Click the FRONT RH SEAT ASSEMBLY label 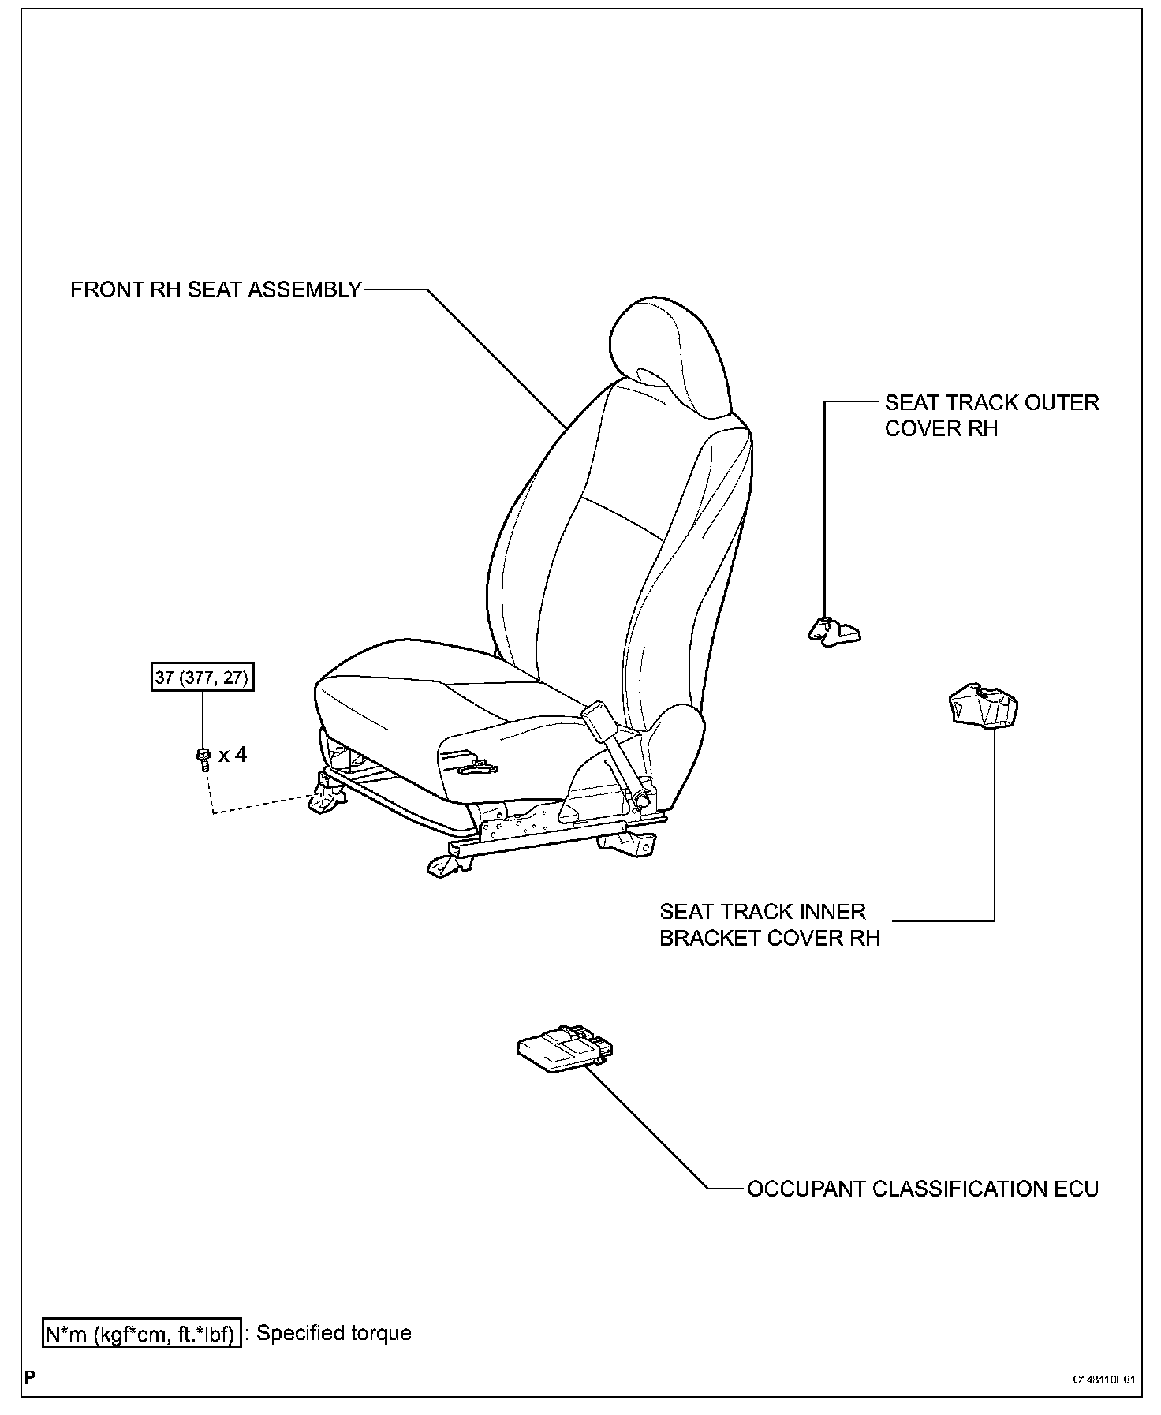click(x=215, y=290)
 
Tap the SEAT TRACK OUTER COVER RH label click(x=991, y=415)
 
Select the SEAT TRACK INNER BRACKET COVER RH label click(x=769, y=924)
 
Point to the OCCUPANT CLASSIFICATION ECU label click(x=922, y=1189)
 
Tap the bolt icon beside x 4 click(x=203, y=756)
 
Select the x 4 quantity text click(x=233, y=755)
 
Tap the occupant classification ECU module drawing click(x=565, y=1049)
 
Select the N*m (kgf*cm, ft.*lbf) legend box click(x=141, y=1333)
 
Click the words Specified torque click(x=334, y=1333)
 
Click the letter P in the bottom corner click(x=30, y=1378)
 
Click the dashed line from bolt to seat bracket click(x=260, y=805)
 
